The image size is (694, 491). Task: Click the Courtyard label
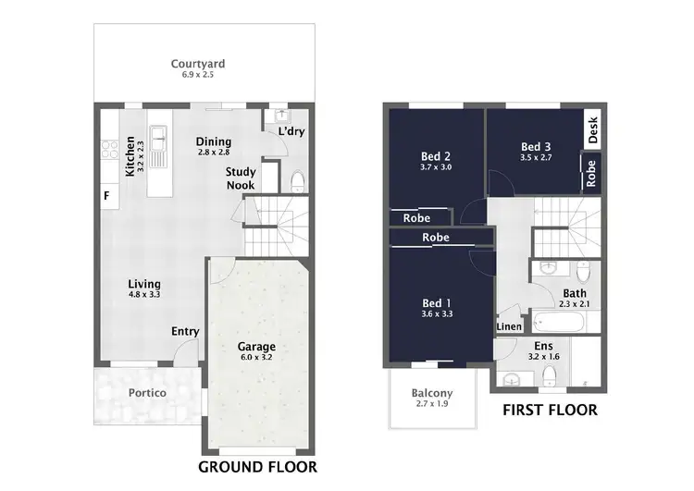tap(198, 64)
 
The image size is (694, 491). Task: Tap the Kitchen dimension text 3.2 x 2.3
tap(142, 157)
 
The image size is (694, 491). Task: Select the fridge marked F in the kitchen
tap(106, 195)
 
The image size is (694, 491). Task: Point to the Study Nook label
tap(241, 178)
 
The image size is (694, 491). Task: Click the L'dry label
tap(291, 131)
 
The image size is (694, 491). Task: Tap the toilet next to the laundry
tap(296, 179)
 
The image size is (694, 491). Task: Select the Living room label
tap(144, 284)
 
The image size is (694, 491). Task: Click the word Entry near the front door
tap(185, 332)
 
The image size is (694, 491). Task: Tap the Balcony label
tap(431, 392)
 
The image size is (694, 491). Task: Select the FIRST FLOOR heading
tap(549, 410)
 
